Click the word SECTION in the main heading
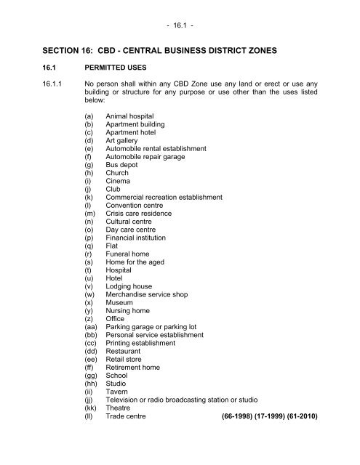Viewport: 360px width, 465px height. (x=47, y=53)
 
